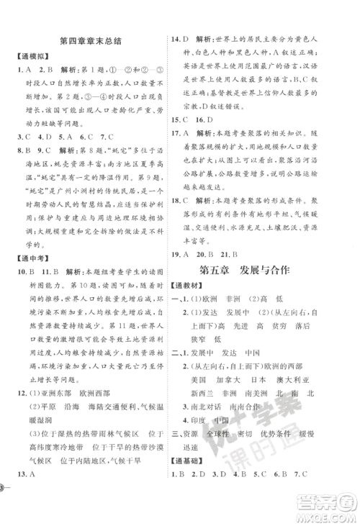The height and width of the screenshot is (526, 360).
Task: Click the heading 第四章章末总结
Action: point(89,41)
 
